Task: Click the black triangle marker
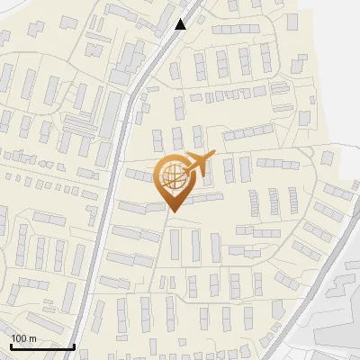click(x=181, y=24)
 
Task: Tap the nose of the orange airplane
click(x=213, y=157)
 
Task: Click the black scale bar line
click(x=42, y=346)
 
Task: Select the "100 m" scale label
click(x=23, y=338)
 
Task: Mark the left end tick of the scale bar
click(x=11, y=345)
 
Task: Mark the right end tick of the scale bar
click(x=74, y=345)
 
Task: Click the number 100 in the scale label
click(x=19, y=338)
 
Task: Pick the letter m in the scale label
click(x=31, y=338)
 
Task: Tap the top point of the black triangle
click(x=181, y=19)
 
